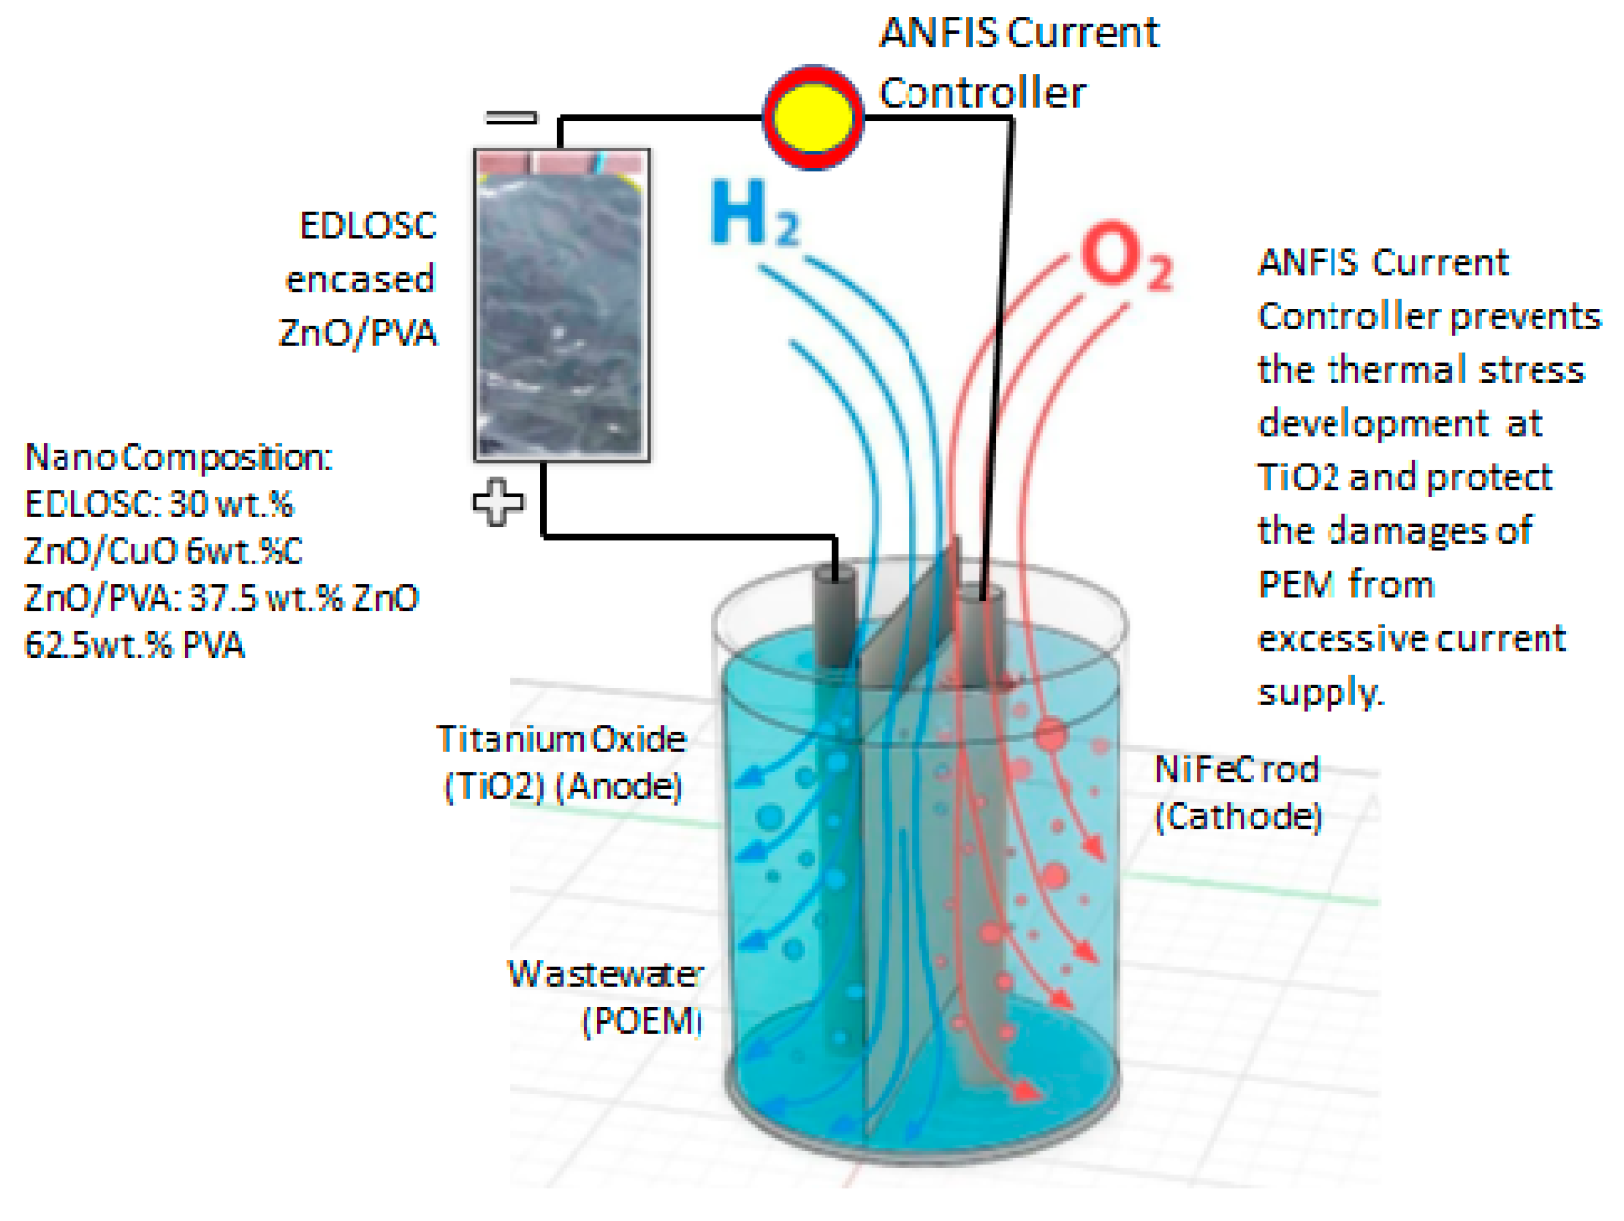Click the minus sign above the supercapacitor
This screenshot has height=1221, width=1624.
click(511, 118)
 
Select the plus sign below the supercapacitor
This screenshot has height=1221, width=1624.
click(498, 503)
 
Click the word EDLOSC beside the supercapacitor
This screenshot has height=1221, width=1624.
click(368, 226)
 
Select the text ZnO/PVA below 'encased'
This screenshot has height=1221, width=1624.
click(358, 333)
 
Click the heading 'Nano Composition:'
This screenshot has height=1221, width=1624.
click(179, 458)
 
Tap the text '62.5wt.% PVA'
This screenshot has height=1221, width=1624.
click(134, 645)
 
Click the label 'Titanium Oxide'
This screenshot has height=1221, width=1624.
click(561, 739)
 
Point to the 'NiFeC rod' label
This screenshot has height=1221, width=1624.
click(1236, 769)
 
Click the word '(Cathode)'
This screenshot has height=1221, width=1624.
click(1238, 816)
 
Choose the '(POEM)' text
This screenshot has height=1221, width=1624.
click(642, 1020)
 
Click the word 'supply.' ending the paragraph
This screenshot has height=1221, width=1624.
click(1321, 692)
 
